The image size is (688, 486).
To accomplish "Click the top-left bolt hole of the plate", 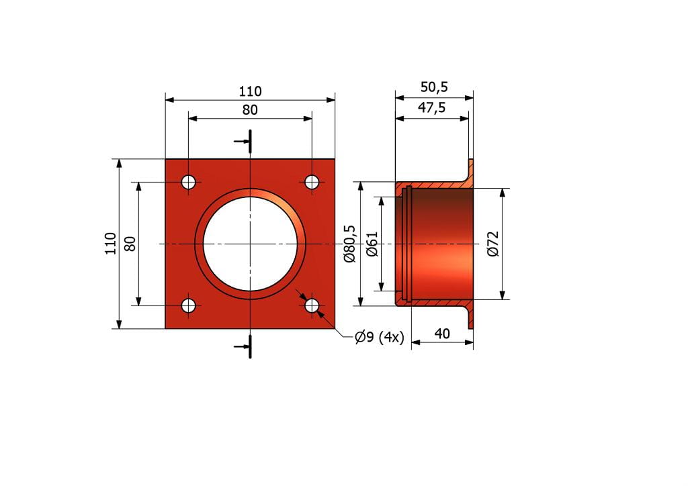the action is click(x=189, y=181).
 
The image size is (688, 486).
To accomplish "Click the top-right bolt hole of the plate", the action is click(x=312, y=181).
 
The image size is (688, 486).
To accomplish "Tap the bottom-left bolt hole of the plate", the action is click(x=189, y=305).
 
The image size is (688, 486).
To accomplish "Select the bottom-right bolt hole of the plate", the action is click(x=312, y=305).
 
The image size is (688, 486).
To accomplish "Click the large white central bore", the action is click(x=250, y=244).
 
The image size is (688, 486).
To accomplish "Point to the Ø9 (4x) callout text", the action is click(x=380, y=337).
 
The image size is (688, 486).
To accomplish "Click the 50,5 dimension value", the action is click(x=434, y=87).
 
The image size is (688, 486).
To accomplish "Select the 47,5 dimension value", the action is click(x=431, y=107).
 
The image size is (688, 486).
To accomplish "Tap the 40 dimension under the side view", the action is click(x=442, y=334).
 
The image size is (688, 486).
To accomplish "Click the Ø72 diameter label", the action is click(x=493, y=244).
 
